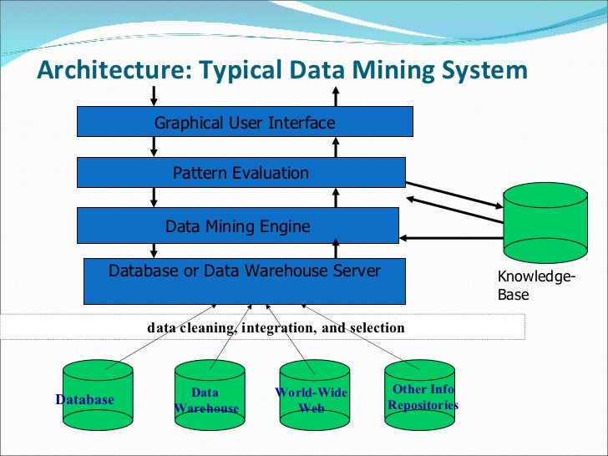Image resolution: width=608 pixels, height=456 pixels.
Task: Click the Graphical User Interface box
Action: (245, 122)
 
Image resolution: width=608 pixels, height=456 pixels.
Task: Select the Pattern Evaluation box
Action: (241, 173)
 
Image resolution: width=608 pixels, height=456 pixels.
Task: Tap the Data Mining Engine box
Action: (238, 225)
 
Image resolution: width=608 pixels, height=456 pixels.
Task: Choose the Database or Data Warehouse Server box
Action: (245, 281)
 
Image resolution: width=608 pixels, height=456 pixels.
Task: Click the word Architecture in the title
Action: (108, 69)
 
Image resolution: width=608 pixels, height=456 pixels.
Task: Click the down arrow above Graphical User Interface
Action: (155, 95)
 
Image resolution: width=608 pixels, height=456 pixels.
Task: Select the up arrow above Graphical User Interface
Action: (336, 95)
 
